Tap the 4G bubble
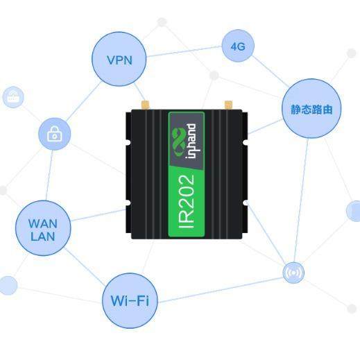[x=237, y=46]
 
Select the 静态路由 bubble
[x=311, y=109]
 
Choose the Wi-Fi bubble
[x=130, y=301]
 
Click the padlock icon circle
[x=54, y=135]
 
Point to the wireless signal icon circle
[x=293, y=273]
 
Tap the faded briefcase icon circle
[x=13, y=97]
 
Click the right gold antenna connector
[x=227, y=105]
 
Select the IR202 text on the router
[x=187, y=202]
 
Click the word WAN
[x=43, y=223]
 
